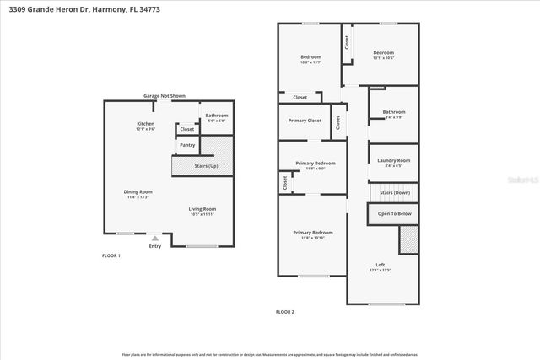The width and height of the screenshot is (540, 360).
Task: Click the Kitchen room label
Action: point(146,124)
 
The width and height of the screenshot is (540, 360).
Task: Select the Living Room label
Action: point(202,208)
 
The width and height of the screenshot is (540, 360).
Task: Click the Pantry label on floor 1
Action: point(187,146)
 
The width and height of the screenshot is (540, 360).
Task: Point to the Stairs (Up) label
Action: point(206,166)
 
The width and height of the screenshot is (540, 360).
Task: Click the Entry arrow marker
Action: point(154,239)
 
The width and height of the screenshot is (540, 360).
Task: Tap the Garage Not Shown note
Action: point(164,96)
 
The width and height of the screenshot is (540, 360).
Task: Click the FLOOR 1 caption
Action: point(111,255)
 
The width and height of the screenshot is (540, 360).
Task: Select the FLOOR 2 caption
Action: point(284,312)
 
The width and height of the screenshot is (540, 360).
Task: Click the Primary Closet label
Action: point(304,121)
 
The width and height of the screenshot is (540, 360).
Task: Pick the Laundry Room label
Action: point(393,160)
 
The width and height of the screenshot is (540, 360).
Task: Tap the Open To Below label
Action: point(394,214)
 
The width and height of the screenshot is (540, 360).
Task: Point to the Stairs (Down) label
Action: point(394,193)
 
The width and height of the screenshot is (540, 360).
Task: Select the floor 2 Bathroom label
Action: point(393,112)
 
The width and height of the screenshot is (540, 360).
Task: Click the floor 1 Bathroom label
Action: point(218,116)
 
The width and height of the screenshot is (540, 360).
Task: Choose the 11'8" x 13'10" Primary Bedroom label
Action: point(312,233)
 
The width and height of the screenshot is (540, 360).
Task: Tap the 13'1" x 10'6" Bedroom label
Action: point(384,53)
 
